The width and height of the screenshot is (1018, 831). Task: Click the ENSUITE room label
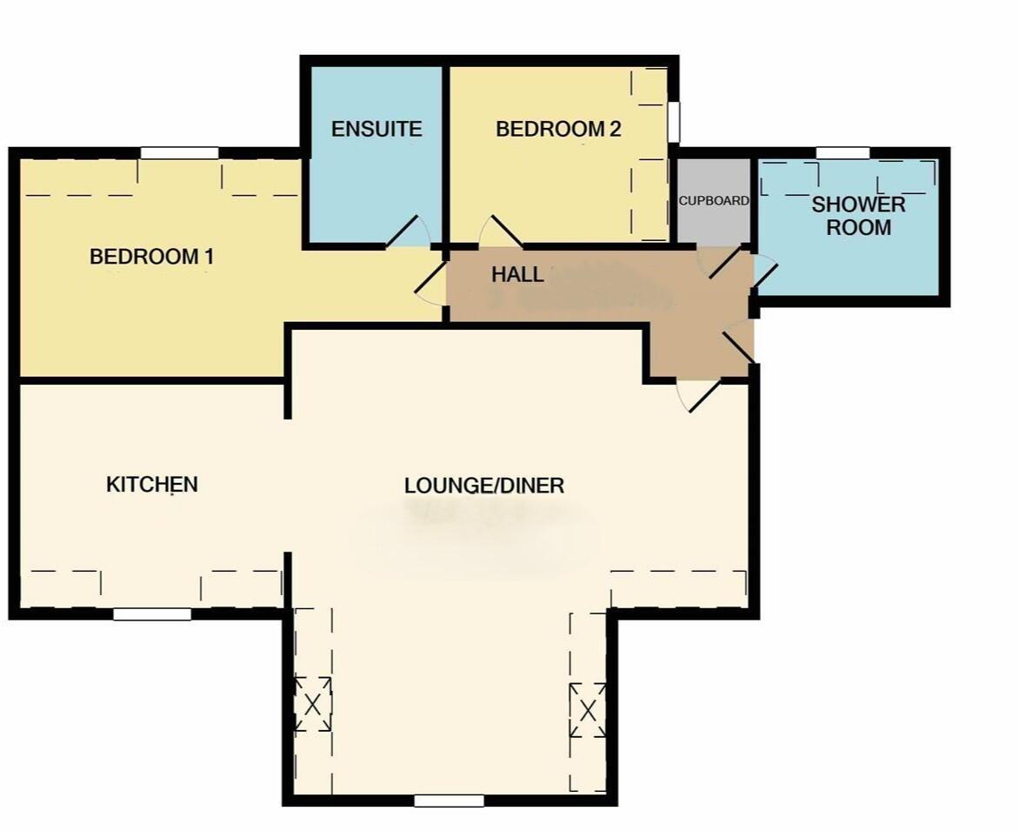click(376, 129)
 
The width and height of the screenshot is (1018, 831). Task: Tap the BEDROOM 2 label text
click(558, 129)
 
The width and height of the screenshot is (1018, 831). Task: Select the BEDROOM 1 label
click(151, 257)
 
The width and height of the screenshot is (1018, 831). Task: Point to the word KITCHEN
click(152, 484)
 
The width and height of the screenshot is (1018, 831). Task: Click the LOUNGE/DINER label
click(484, 486)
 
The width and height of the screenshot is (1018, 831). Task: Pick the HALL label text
click(517, 275)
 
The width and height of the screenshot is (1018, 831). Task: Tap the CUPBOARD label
click(713, 200)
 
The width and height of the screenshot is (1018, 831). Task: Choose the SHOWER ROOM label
click(858, 216)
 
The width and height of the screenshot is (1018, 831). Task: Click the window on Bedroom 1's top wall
click(179, 153)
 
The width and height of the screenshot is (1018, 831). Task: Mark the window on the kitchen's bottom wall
click(152, 614)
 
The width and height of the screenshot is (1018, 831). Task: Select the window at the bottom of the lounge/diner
click(449, 801)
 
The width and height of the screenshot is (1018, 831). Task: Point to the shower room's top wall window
click(842, 153)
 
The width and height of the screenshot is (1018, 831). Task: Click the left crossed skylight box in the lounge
click(312, 703)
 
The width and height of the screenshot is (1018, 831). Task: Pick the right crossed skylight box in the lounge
click(588, 710)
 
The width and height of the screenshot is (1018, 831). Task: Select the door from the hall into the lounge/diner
click(699, 395)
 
